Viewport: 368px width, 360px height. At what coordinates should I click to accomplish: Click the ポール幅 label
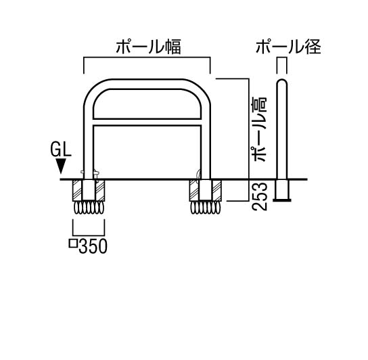coord(148,47)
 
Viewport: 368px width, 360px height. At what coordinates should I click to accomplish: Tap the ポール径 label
coord(288,47)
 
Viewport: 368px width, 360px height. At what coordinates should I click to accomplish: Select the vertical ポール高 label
coord(260,130)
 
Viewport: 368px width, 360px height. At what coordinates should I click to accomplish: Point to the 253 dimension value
coord(260,196)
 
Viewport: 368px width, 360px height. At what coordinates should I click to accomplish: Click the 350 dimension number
coord(93,246)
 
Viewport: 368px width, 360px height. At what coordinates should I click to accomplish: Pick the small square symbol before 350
coord(73,244)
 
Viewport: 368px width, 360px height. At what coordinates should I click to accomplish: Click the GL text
coord(61,150)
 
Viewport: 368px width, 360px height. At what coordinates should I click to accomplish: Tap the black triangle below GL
coord(61,166)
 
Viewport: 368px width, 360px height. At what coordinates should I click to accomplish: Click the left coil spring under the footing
coord(89,208)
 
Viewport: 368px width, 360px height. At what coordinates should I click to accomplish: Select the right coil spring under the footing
coord(206,208)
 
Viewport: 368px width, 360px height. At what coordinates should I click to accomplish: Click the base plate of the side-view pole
coord(282,200)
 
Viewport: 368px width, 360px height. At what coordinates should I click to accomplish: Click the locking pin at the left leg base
coord(97,173)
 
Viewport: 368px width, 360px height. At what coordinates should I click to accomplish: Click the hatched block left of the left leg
coord(78,190)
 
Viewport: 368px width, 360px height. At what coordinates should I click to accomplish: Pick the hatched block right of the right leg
coord(216,190)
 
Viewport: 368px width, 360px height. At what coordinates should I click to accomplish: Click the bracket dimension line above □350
coord(89,235)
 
